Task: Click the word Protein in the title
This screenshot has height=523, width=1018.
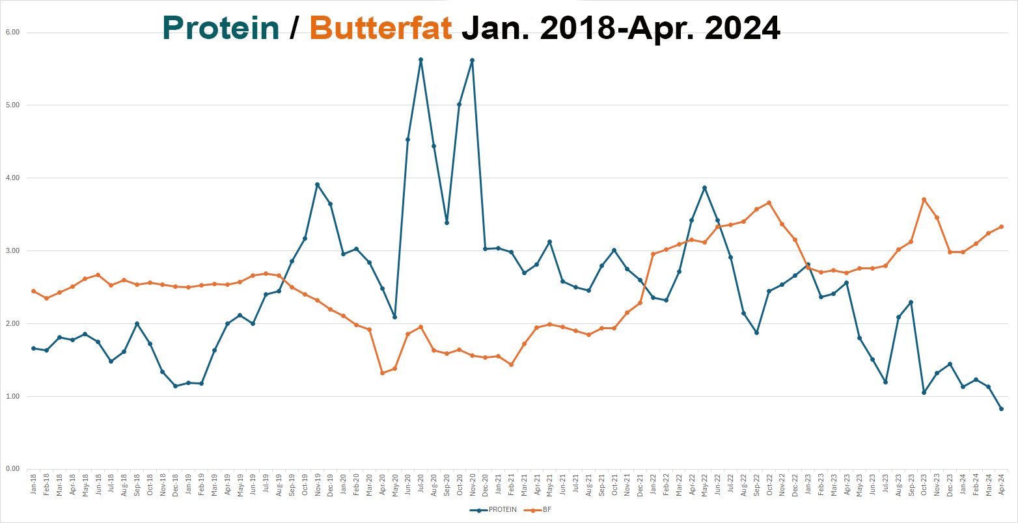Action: pos(221,28)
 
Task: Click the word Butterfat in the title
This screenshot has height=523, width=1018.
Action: pos(381,28)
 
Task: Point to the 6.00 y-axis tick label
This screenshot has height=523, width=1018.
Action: pos(13,32)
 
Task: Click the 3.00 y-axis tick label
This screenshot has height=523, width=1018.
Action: pos(13,250)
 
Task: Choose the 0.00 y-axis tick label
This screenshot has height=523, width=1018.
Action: pos(13,469)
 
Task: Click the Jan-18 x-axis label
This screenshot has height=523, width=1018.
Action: pos(34,485)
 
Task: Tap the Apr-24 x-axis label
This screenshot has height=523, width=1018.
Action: pos(1001,485)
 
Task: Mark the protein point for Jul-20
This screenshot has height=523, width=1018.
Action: pos(420,60)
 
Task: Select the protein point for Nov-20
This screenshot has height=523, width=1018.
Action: pos(472,60)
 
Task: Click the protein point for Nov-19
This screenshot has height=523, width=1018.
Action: pos(317,185)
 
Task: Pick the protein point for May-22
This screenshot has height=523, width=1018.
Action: pos(704,188)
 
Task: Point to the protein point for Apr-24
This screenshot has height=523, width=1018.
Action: pos(1001,409)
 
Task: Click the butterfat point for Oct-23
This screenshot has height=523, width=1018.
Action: pos(924,200)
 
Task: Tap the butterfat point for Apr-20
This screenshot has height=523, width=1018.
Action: pos(382,373)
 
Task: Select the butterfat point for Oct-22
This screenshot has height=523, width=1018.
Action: pos(769,203)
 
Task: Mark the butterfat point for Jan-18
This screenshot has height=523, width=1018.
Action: pos(34,291)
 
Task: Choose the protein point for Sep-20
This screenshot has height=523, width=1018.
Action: pos(447,222)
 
